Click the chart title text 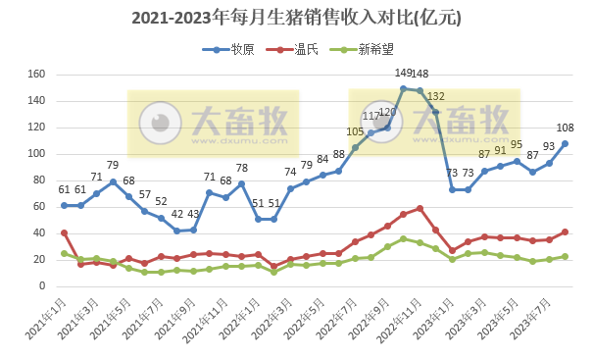coord(295,18)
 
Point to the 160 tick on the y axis coord(37,75)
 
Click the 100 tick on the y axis coord(37,154)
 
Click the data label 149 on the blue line coord(403,74)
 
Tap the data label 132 coord(436,96)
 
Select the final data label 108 coord(566,128)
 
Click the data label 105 coord(355,131)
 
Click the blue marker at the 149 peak coord(403,88)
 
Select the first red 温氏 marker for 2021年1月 coord(64,232)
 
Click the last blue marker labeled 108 coord(566,143)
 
